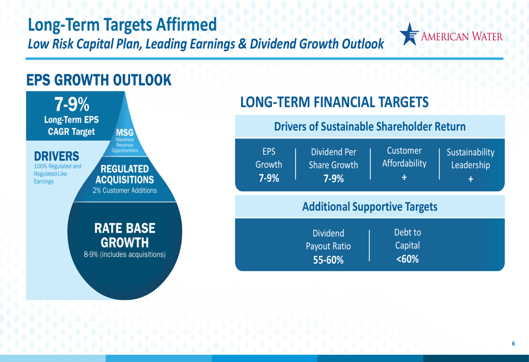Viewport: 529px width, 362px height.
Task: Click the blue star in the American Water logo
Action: click(409, 34)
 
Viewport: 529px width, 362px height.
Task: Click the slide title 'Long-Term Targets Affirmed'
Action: click(122, 25)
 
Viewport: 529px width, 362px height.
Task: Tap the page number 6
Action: click(514, 344)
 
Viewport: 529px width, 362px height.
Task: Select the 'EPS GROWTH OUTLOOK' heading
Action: click(99, 80)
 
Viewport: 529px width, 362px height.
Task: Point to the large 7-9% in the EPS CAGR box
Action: click(72, 104)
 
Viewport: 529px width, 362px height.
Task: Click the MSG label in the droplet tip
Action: click(124, 133)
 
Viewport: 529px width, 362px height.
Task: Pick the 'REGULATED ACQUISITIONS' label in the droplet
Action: click(124, 174)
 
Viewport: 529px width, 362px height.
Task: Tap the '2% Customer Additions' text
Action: click(125, 190)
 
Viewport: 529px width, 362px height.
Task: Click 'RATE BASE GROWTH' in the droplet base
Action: click(124, 235)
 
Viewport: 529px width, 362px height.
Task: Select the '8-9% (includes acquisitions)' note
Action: click(124, 255)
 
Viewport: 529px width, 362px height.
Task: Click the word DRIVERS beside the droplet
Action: click(57, 156)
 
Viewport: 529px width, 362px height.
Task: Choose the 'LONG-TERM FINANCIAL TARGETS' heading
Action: click(334, 102)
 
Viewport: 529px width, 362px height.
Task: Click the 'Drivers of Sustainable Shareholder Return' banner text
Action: click(370, 127)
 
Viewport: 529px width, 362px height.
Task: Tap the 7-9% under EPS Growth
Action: click(269, 178)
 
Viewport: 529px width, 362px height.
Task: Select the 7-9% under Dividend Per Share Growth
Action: click(334, 179)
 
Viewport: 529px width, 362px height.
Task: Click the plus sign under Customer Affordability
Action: click(404, 177)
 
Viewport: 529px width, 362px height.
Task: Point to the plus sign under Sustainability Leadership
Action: click(471, 179)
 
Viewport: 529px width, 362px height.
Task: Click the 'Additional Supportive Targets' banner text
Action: click(370, 207)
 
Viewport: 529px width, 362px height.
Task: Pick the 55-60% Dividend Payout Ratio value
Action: click(329, 260)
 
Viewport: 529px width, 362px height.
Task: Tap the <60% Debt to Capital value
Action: click(407, 259)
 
